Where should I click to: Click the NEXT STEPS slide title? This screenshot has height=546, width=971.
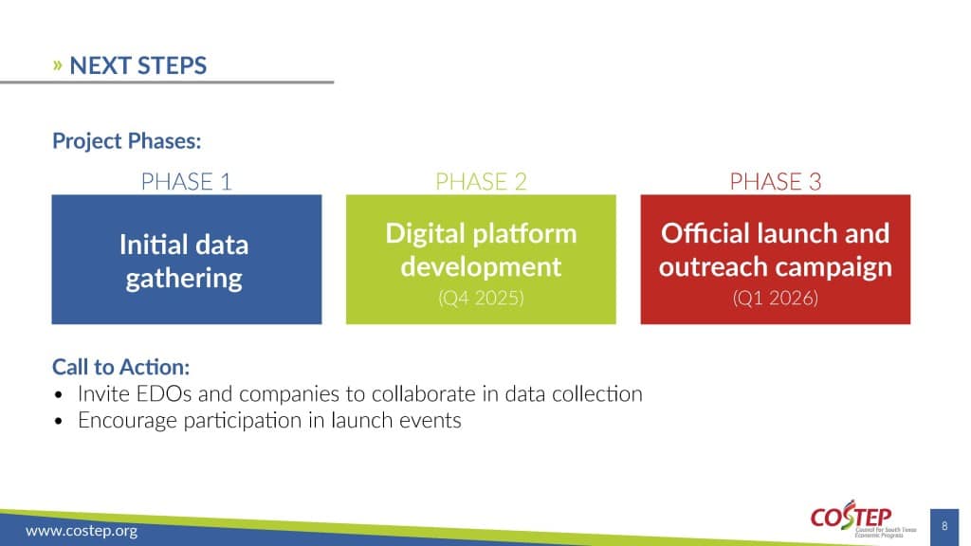(x=138, y=65)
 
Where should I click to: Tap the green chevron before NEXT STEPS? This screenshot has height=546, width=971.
(x=58, y=65)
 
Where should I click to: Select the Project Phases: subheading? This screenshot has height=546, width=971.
(x=127, y=141)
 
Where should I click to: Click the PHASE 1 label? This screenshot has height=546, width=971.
(x=187, y=181)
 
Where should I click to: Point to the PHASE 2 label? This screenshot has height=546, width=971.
(x=481, y=181)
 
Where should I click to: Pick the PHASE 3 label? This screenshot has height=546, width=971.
(x=776, y=181)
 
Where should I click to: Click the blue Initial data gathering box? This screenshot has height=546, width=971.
(x=187, y=260)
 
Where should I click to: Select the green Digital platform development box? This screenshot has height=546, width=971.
(x=481, y=260)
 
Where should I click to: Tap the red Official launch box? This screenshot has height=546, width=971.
(x=776, y=260)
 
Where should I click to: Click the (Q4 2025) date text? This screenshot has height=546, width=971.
(x=481, y=299)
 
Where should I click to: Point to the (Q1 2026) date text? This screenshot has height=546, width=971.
(x=776, y=299)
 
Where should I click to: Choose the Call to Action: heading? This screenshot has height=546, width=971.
(x=120, y=367)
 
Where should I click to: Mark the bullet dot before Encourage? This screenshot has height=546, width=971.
(x=59, y=422)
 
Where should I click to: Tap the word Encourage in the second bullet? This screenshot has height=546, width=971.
(x=128, y=420)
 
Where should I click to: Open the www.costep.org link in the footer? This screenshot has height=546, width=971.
(x=82, y=531)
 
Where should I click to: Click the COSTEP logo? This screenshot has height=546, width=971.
(x=863, y=519)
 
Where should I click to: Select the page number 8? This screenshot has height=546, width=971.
(x=944, y=526)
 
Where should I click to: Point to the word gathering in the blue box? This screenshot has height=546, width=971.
(x=184, y=279)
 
